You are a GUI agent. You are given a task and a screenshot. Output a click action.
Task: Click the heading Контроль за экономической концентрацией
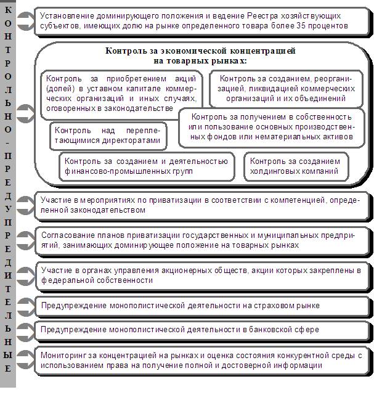(x=201, y=55)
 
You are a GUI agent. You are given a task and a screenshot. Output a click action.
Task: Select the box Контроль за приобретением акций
(x=121, y=94)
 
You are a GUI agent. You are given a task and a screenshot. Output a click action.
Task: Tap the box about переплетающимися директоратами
(x=107, y=136)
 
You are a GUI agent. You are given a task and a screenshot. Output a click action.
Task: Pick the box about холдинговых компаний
(x=295, y=166)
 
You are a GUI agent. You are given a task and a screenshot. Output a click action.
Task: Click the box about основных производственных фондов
(x=272, y=126)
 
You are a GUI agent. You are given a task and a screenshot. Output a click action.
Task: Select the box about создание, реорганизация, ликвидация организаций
(x=286, y=88)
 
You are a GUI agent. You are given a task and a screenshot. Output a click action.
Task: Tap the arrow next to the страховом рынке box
(x=26, y=306)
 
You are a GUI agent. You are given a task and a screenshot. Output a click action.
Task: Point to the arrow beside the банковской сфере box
(x=26, y=330)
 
